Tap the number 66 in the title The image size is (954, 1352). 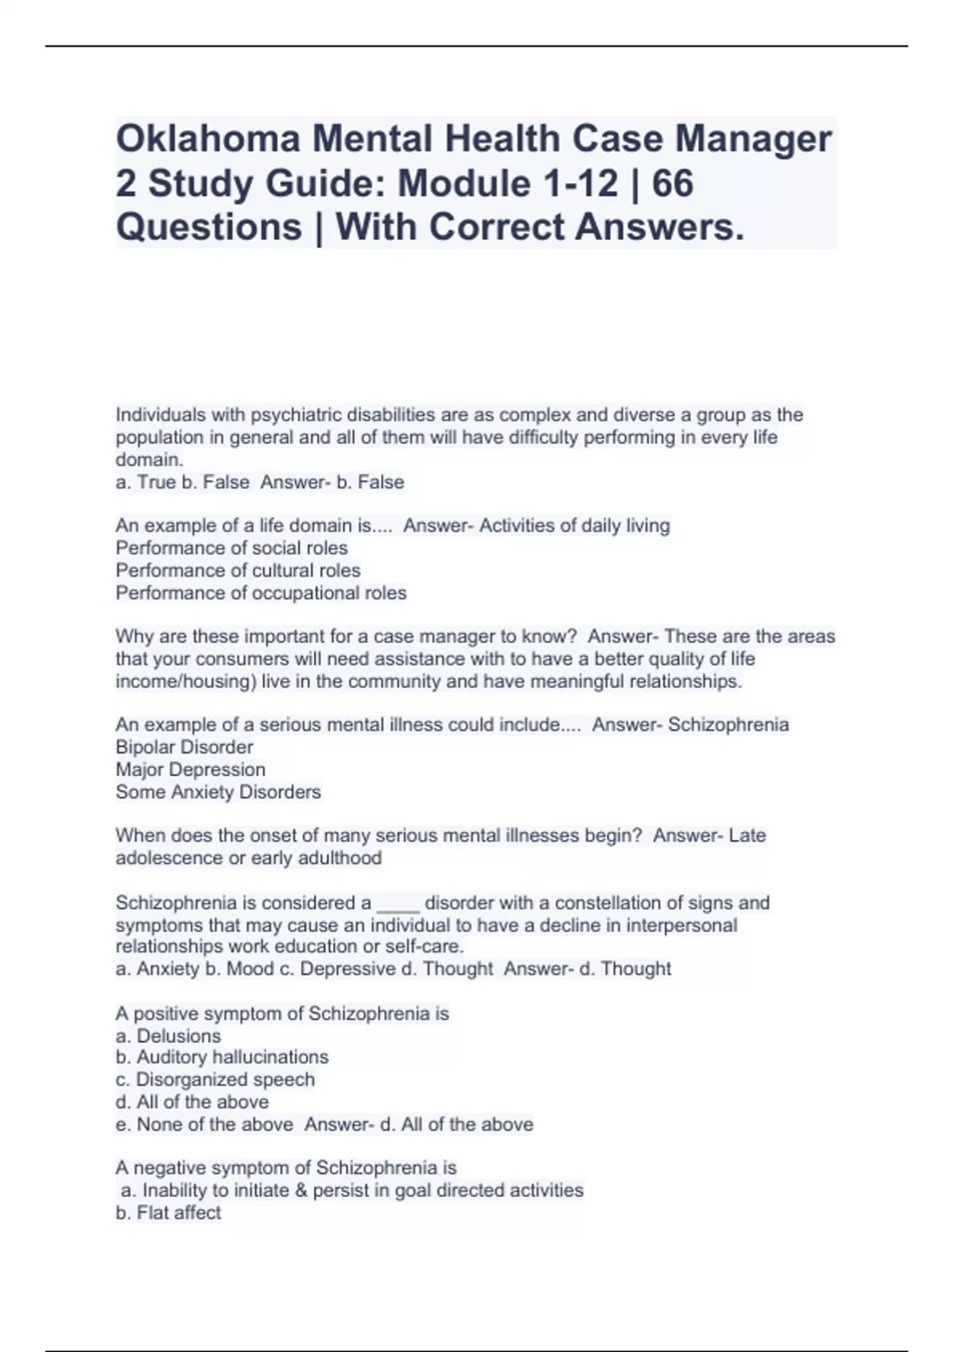(672, 184)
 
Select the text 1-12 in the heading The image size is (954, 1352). (580, 184)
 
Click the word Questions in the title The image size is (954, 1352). (208, 227)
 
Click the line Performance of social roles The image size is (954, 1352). (231, 548)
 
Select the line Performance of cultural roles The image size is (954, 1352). (238, 570)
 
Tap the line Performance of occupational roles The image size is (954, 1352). (261, 593)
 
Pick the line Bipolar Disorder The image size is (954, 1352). (184, 748)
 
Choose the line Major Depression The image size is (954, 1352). (191, 770)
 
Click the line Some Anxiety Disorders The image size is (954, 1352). (218, 792)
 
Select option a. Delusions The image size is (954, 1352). (168, 1036)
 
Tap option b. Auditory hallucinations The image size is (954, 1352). (222, 1057)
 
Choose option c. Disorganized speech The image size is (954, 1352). (215, 1080)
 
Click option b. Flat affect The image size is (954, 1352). (168, 1213)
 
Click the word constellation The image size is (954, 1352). (607, 903)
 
